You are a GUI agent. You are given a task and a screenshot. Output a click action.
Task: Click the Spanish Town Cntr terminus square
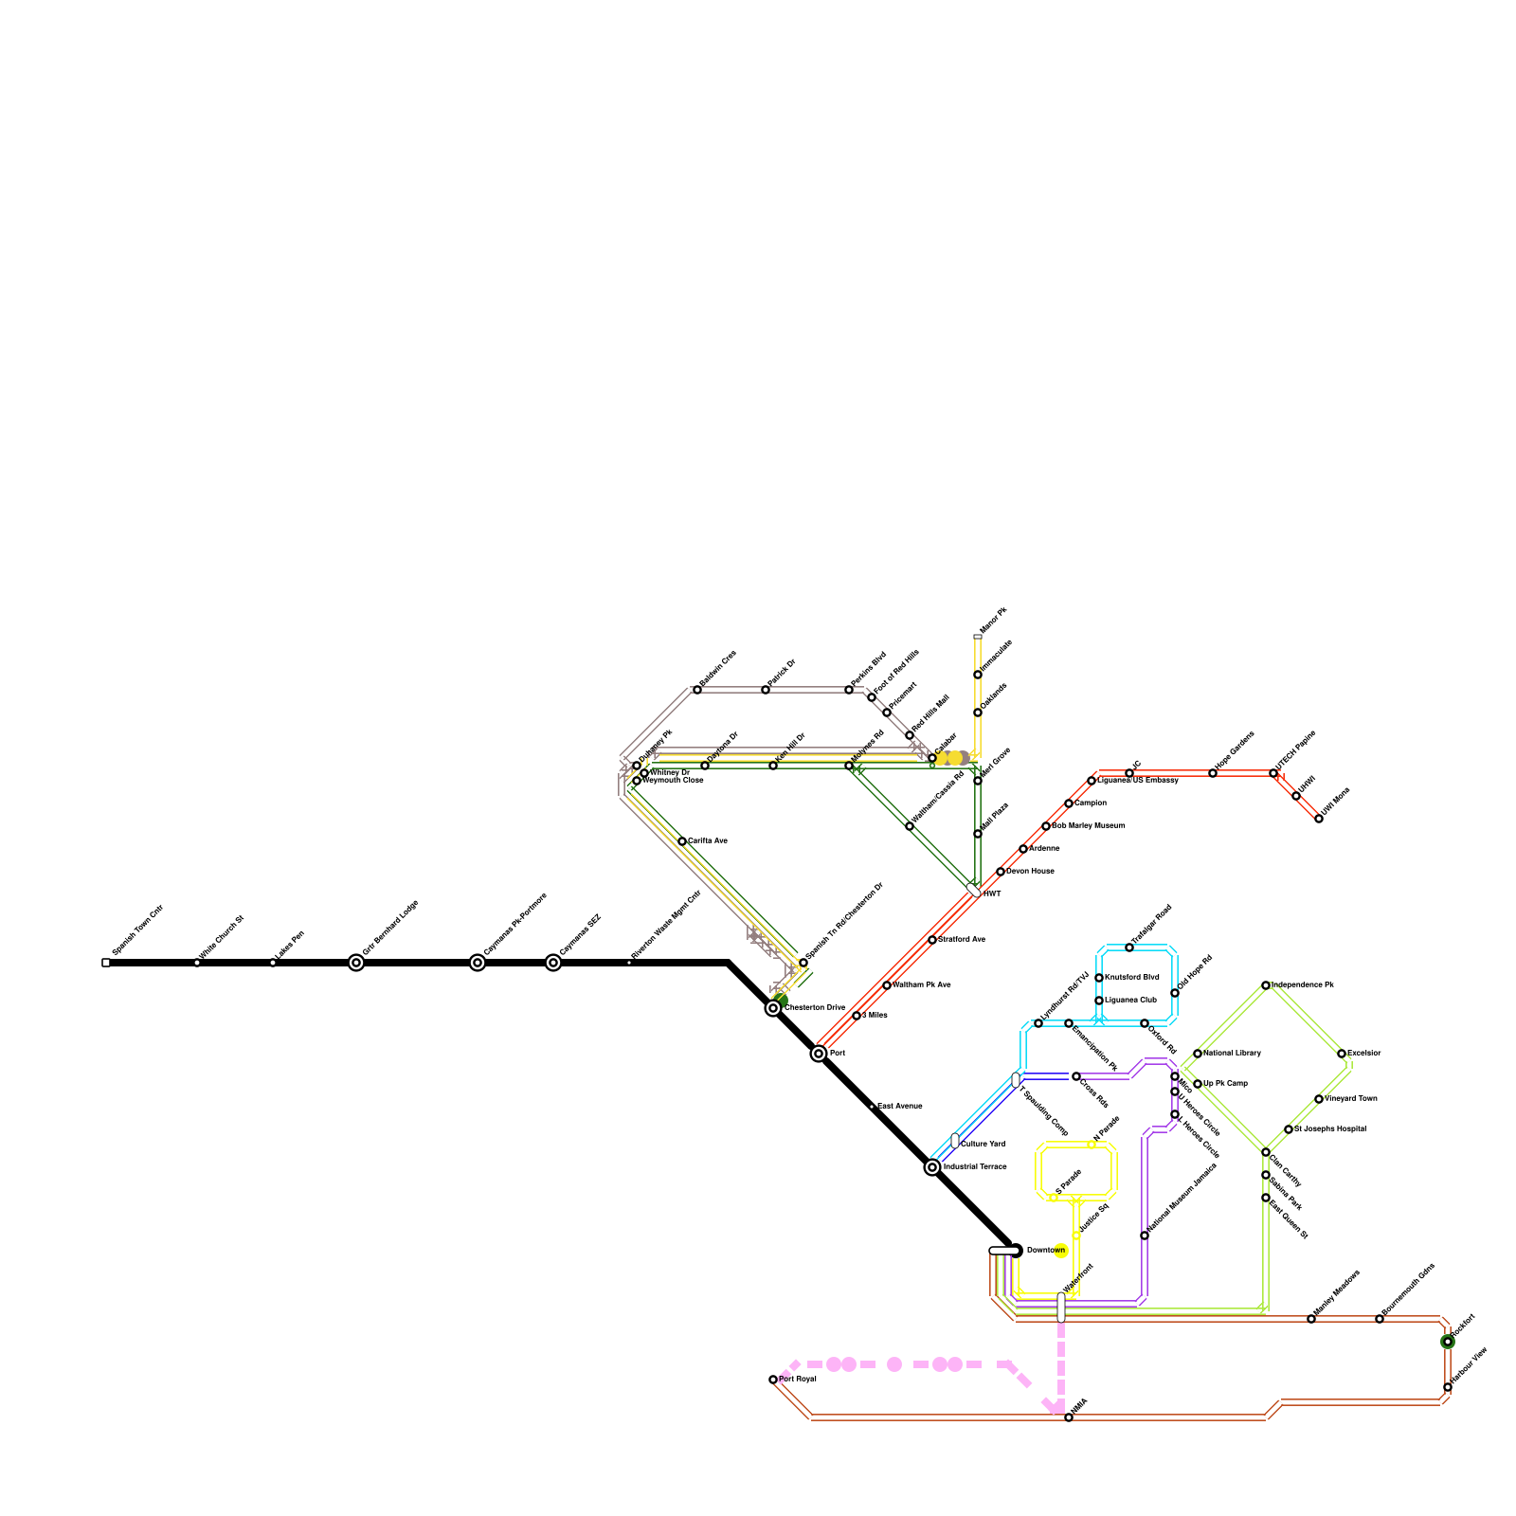106,963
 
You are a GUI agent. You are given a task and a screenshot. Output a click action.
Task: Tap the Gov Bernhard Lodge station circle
356,963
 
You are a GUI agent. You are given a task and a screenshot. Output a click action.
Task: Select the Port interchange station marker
819,1054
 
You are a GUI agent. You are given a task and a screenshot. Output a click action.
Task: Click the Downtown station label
1046,1251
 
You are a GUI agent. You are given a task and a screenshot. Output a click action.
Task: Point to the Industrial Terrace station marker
932,1167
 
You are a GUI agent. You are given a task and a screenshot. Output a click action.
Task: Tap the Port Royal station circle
773,1380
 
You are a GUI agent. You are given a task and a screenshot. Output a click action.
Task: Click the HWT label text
992,894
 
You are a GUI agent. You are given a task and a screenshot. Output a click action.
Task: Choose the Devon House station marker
1001,872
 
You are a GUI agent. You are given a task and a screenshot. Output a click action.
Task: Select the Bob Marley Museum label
1089,826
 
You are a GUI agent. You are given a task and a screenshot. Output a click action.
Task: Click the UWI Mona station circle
1319,819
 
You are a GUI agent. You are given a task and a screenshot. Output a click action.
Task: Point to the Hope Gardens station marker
1213,773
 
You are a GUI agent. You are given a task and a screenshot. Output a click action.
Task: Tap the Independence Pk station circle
1266,985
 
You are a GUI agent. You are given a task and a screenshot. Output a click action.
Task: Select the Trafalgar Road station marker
1129,947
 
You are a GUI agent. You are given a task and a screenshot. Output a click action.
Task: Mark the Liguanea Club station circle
1099,1001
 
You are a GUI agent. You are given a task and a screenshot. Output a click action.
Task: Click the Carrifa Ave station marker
682,841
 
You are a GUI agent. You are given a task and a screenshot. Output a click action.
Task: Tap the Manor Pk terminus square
978,637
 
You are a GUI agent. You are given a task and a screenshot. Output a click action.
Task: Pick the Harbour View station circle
1448,1387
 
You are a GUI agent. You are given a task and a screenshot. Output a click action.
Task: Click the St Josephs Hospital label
1330,1129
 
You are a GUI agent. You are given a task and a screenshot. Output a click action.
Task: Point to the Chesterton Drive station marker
773,1008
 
